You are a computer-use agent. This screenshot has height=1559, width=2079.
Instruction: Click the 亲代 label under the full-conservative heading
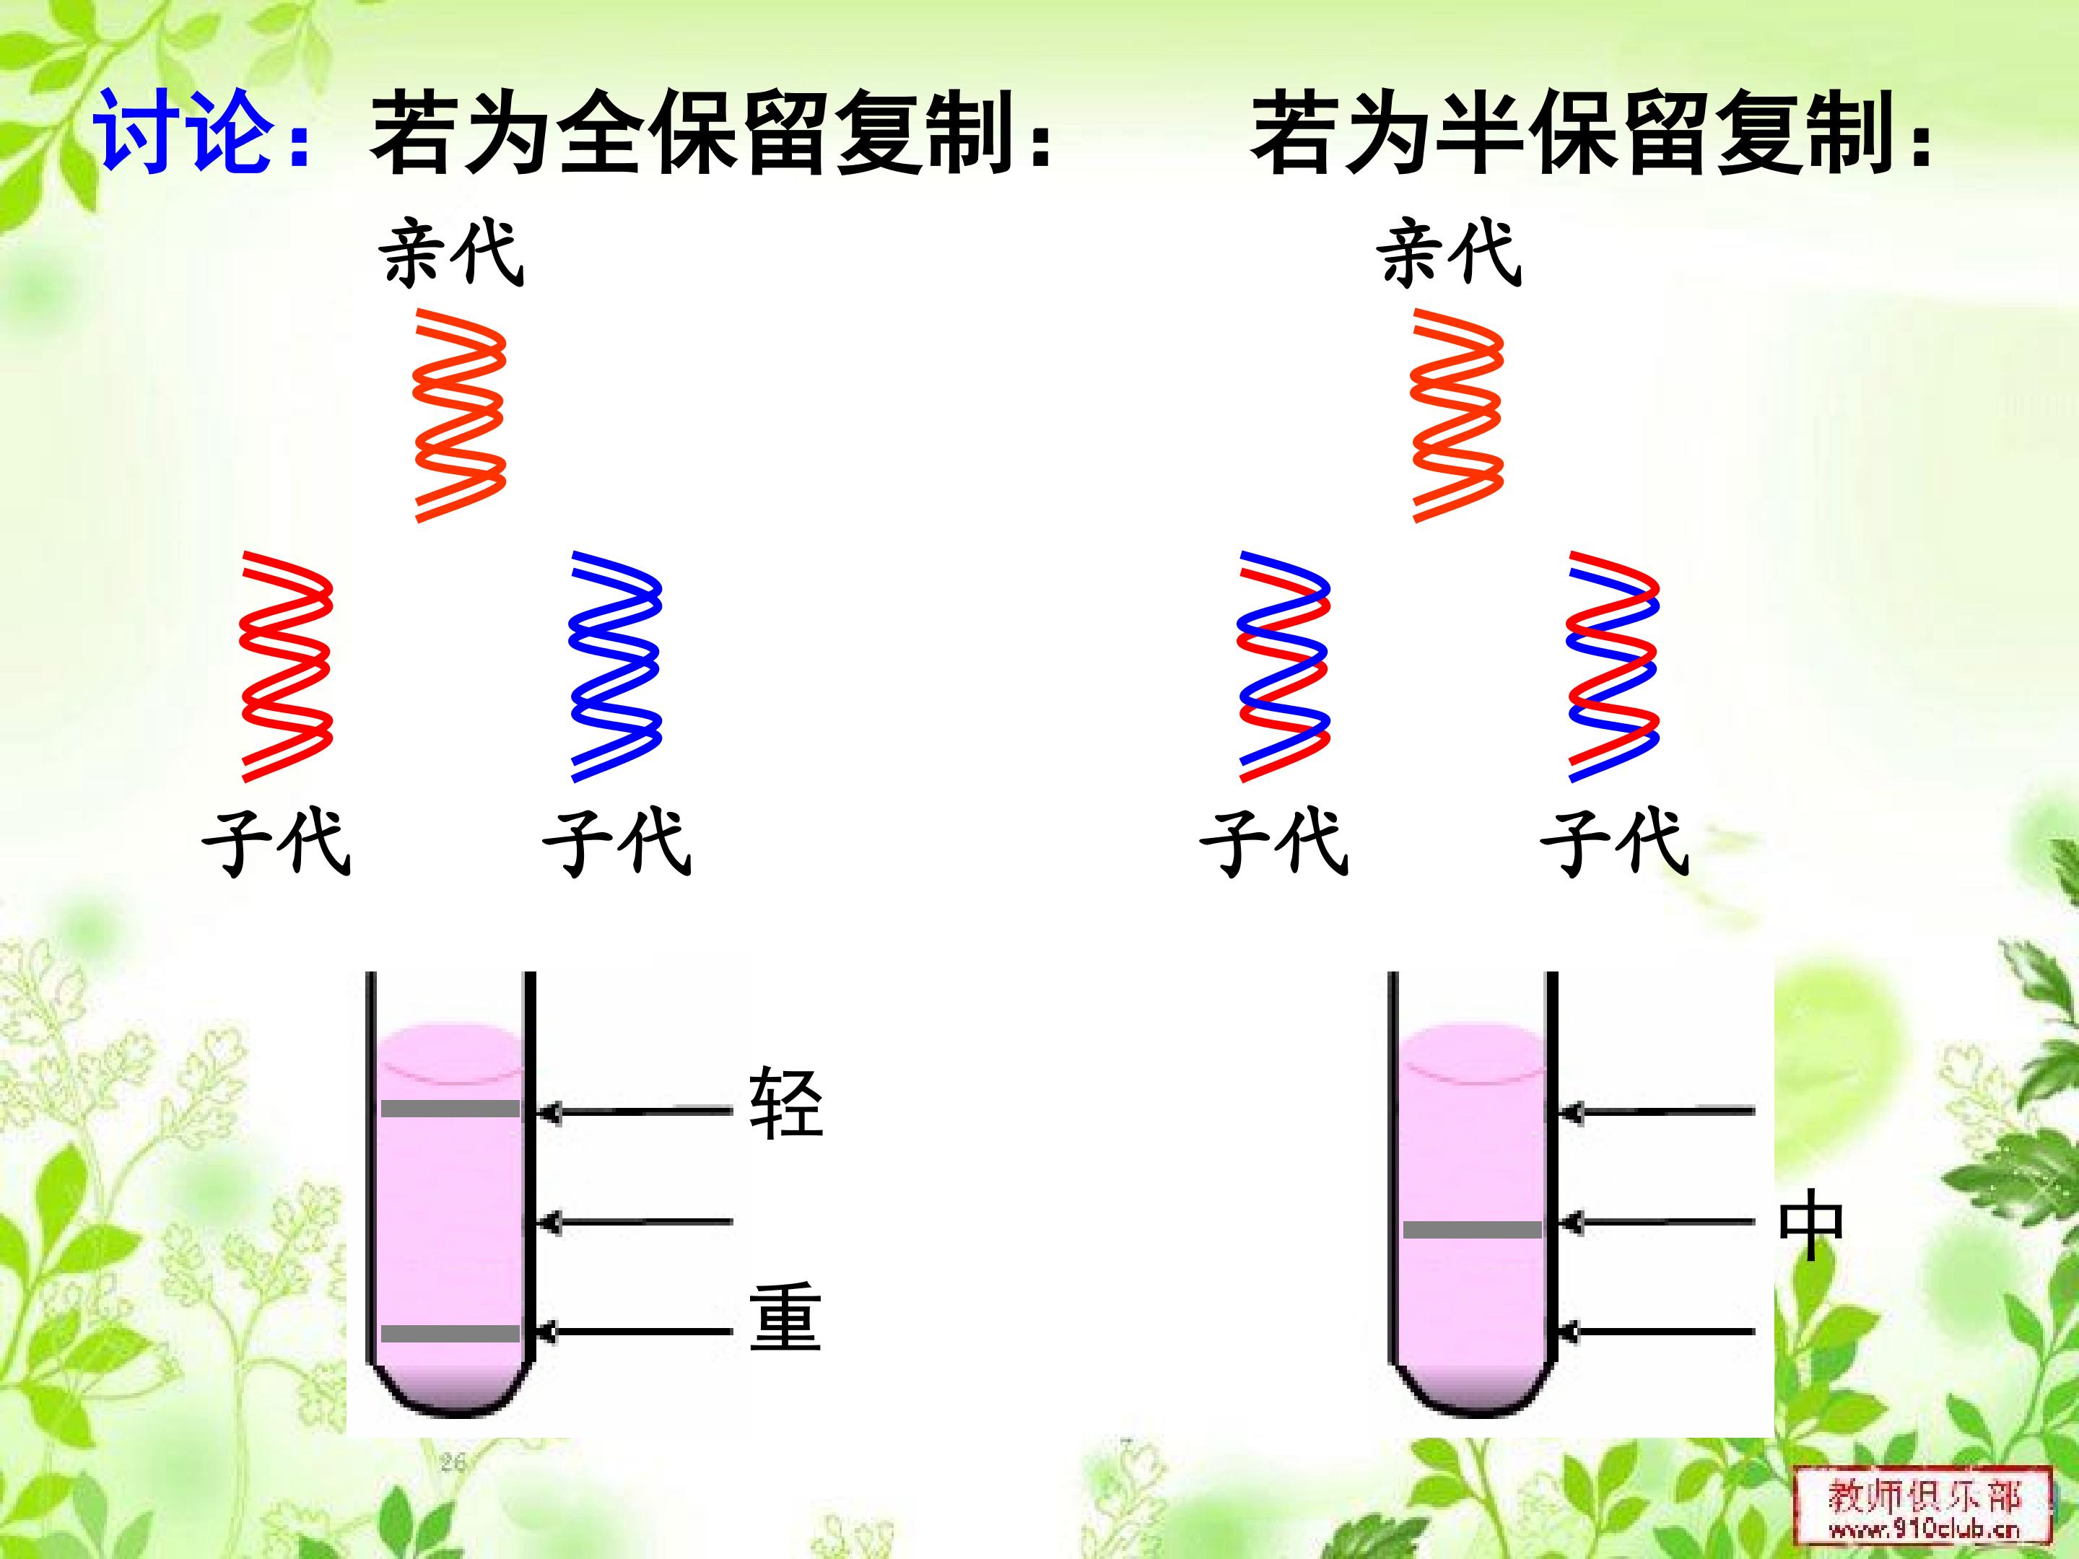[450, 253]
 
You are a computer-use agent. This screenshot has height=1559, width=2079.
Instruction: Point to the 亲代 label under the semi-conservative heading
[1447, 253]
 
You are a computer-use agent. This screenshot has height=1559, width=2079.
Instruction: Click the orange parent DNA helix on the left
[460, 415]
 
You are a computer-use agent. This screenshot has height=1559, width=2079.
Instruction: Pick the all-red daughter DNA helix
[287, 666]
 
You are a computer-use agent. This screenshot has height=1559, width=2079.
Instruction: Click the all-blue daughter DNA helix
[616, 666]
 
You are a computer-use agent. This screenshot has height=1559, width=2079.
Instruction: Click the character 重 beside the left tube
[785, 1316]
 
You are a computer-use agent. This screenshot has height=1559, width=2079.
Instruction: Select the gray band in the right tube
[1472, 1229]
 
